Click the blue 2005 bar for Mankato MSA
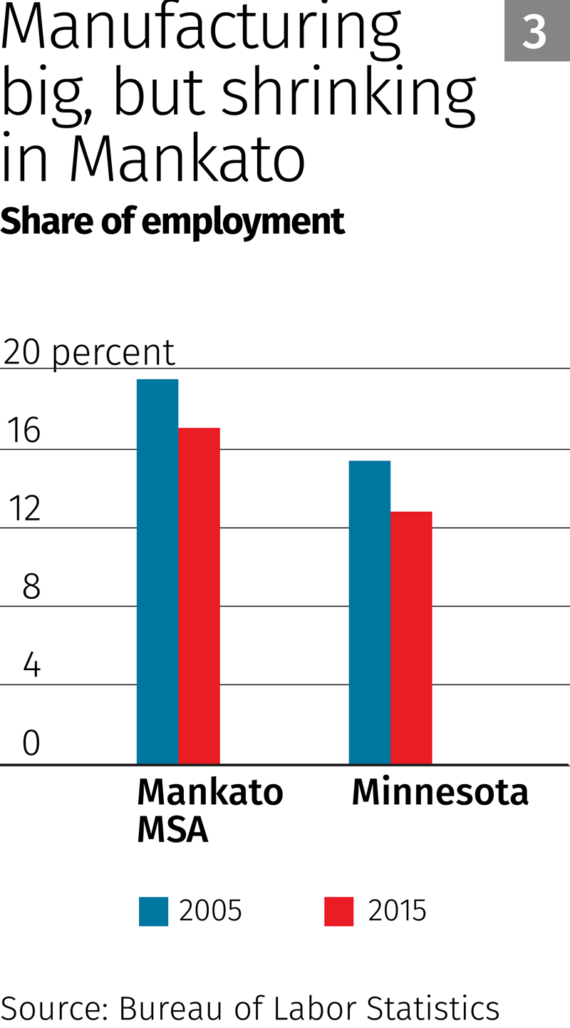[x=157, y=570]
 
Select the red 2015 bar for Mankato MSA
[x=199, y=595]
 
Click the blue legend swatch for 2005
[x=153, y=911]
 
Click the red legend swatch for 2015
[x=338, y=911]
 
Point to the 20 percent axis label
[x=89, y=352]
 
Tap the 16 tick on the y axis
[x=23, y=431]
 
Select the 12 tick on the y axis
[x=23, y=509]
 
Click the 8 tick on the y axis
[x=31, y=587]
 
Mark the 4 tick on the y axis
[x=31, y=665]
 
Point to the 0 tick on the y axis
[x=31, y=743]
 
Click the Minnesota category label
[x=440, y=792]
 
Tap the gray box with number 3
[x=536, y=31]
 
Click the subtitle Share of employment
[x=172, y=222]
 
